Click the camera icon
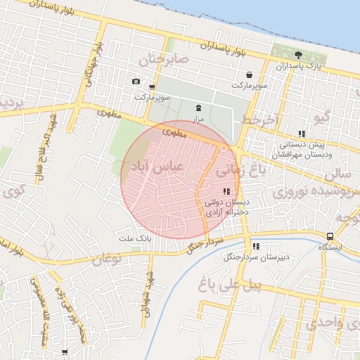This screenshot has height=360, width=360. pos(136,82)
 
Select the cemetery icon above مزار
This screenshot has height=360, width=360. pos(198,108)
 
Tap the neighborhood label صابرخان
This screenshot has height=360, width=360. pos(165,60)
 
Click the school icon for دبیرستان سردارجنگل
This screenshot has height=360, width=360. pos(256,246)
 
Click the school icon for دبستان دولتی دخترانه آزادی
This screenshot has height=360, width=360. pos(226,191)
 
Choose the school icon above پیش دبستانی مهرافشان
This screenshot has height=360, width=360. pos(302,134)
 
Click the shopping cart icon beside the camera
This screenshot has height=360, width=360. pos(152,87)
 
